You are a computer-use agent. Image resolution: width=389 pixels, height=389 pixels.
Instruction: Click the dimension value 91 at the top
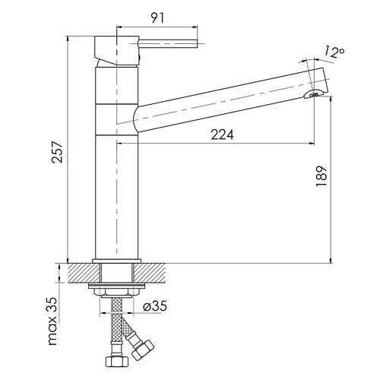[157, 18]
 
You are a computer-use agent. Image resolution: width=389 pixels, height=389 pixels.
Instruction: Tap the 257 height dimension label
[57, 152]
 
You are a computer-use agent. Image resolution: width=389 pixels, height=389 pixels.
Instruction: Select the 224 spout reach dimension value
[222, 134]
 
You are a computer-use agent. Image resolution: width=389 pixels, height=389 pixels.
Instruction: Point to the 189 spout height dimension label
[321, 176]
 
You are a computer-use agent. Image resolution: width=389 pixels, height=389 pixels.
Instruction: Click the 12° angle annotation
[334, 52]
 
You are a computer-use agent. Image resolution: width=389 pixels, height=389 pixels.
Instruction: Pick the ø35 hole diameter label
[155, 306]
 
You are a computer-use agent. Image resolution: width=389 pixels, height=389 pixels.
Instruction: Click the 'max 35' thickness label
[52, 321]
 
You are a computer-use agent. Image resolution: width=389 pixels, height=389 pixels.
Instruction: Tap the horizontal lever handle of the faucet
[168, 43]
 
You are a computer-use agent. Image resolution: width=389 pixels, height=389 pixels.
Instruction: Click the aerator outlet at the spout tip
[314, 94]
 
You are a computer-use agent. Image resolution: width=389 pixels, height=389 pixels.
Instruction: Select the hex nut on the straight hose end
[117, 362]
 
